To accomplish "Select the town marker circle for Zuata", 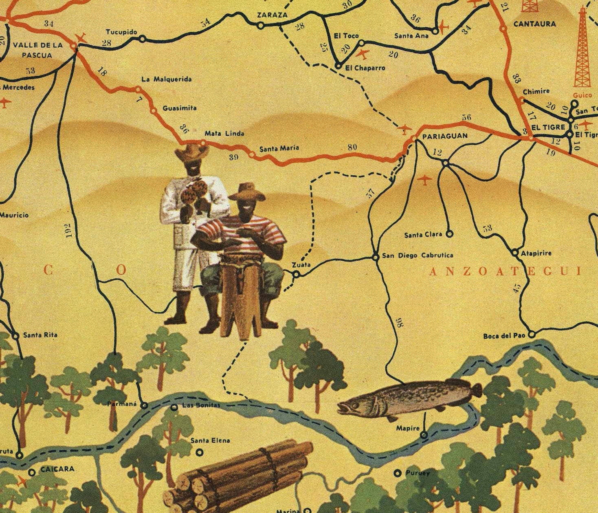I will pyautogui.click(x=297, y=275).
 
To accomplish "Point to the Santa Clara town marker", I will pyautogui.click(x=449, y=234).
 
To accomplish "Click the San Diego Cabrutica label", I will pyautogui.click(x=417, y=255).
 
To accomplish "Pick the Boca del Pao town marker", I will pyautogui.click(x=532, y=335).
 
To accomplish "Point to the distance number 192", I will pyautogui.click(x=68, y=230).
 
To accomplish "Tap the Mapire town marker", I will pyautogui.click(x=424, y=435).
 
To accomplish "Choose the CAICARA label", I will pyautogui.click(x=57, y=469).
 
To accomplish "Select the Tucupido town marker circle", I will pyautogui.click(x=142, y=39).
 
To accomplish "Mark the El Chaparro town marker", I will pyautogui.click(x=338, y=65).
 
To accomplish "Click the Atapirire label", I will pyautogui.click(x=536, y=253).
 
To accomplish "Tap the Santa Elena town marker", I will pyautogui.click(x=200, y=452).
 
